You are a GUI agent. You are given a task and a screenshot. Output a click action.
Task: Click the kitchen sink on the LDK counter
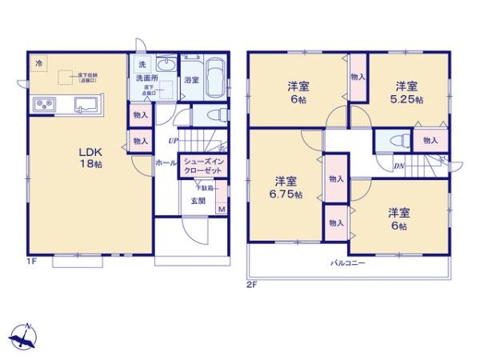click(x=86, y=104)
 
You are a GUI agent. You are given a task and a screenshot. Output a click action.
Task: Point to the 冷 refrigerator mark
click(x=38, y=62)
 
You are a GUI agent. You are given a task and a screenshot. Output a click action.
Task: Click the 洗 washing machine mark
click(x=142, y=63)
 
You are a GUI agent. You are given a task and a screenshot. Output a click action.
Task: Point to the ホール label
click(x=166, y=162)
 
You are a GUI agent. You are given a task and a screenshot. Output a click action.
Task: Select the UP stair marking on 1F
click(x=172, y=142)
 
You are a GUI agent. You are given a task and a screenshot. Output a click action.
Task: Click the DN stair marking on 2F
click(x=398, y=166)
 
